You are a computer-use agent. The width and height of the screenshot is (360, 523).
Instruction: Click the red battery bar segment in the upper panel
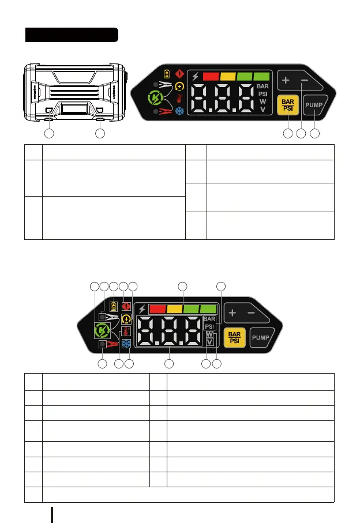(x=212, y=76)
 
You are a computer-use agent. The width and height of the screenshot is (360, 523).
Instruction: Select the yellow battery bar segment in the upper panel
(x=228, y=76)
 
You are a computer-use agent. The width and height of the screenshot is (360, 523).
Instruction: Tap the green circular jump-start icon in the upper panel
(x=153, y=99)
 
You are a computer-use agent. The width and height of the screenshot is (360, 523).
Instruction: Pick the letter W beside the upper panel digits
(x=262, y=101)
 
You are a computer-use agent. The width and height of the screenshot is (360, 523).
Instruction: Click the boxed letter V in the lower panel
(x=210, y=342)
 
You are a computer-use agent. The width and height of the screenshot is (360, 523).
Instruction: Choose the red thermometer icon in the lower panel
(x=125, y=331)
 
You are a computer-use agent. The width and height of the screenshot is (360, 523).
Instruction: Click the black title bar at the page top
(x=72, y=35)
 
